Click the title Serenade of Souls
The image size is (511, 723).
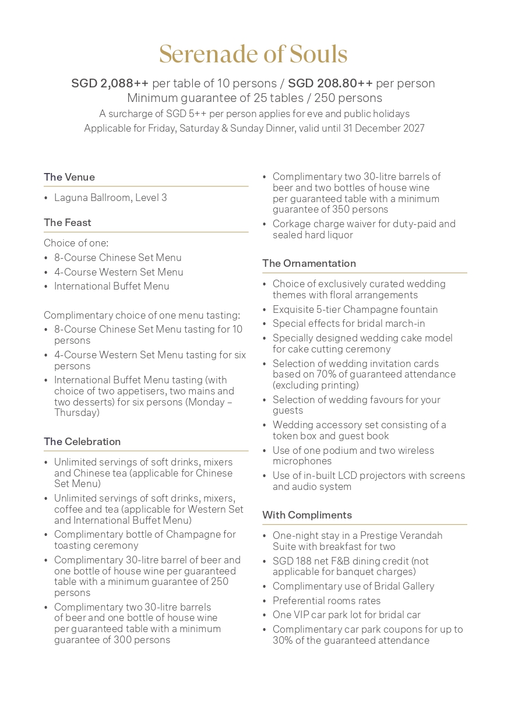[253, 54]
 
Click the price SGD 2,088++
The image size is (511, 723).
[110, 83]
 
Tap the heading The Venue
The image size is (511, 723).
[69, 177]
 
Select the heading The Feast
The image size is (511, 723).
[67, 223]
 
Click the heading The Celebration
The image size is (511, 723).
[82, 442]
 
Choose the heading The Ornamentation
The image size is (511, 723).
[309, 263]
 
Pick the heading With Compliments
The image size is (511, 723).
[307, 515]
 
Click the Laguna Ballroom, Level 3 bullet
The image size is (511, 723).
[110, 197]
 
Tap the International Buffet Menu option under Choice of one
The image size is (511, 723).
[111, 286]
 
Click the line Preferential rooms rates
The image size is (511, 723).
[326, 601]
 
